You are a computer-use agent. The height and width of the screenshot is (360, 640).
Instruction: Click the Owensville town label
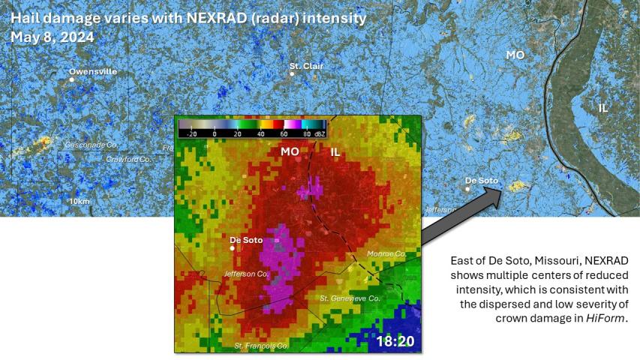coord(93,71)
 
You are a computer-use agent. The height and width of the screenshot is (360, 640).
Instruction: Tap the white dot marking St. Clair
coord(292,74)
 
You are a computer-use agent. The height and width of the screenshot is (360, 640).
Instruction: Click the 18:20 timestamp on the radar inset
coord(395,341)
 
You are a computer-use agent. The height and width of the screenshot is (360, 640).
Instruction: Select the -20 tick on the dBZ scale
coord(191,133)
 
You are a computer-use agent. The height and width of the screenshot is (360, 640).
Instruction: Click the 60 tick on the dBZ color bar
coord(285,133)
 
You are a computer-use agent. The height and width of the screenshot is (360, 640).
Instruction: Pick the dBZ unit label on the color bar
coord(320,133)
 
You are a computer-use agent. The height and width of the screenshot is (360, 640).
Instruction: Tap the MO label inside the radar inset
coord(290,151)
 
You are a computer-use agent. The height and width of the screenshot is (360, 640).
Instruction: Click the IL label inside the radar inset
coord(335,152)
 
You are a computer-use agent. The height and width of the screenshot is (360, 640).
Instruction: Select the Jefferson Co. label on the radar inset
coord(246,274)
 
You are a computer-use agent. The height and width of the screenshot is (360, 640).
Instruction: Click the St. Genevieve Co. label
coord(350,298)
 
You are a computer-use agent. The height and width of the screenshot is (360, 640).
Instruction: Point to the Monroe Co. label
coord(386,254)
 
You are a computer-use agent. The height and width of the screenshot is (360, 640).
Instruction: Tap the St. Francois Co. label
coord(261,346)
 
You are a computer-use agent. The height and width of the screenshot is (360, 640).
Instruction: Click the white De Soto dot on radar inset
coord(233,248)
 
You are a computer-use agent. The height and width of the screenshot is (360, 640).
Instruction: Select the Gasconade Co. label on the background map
coord(91,144)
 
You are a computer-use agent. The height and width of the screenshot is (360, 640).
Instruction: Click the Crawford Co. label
coord(128,159)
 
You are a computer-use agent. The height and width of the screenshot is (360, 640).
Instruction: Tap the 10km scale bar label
coord(79,202)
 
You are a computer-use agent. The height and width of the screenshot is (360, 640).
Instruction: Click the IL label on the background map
coord(603,108)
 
